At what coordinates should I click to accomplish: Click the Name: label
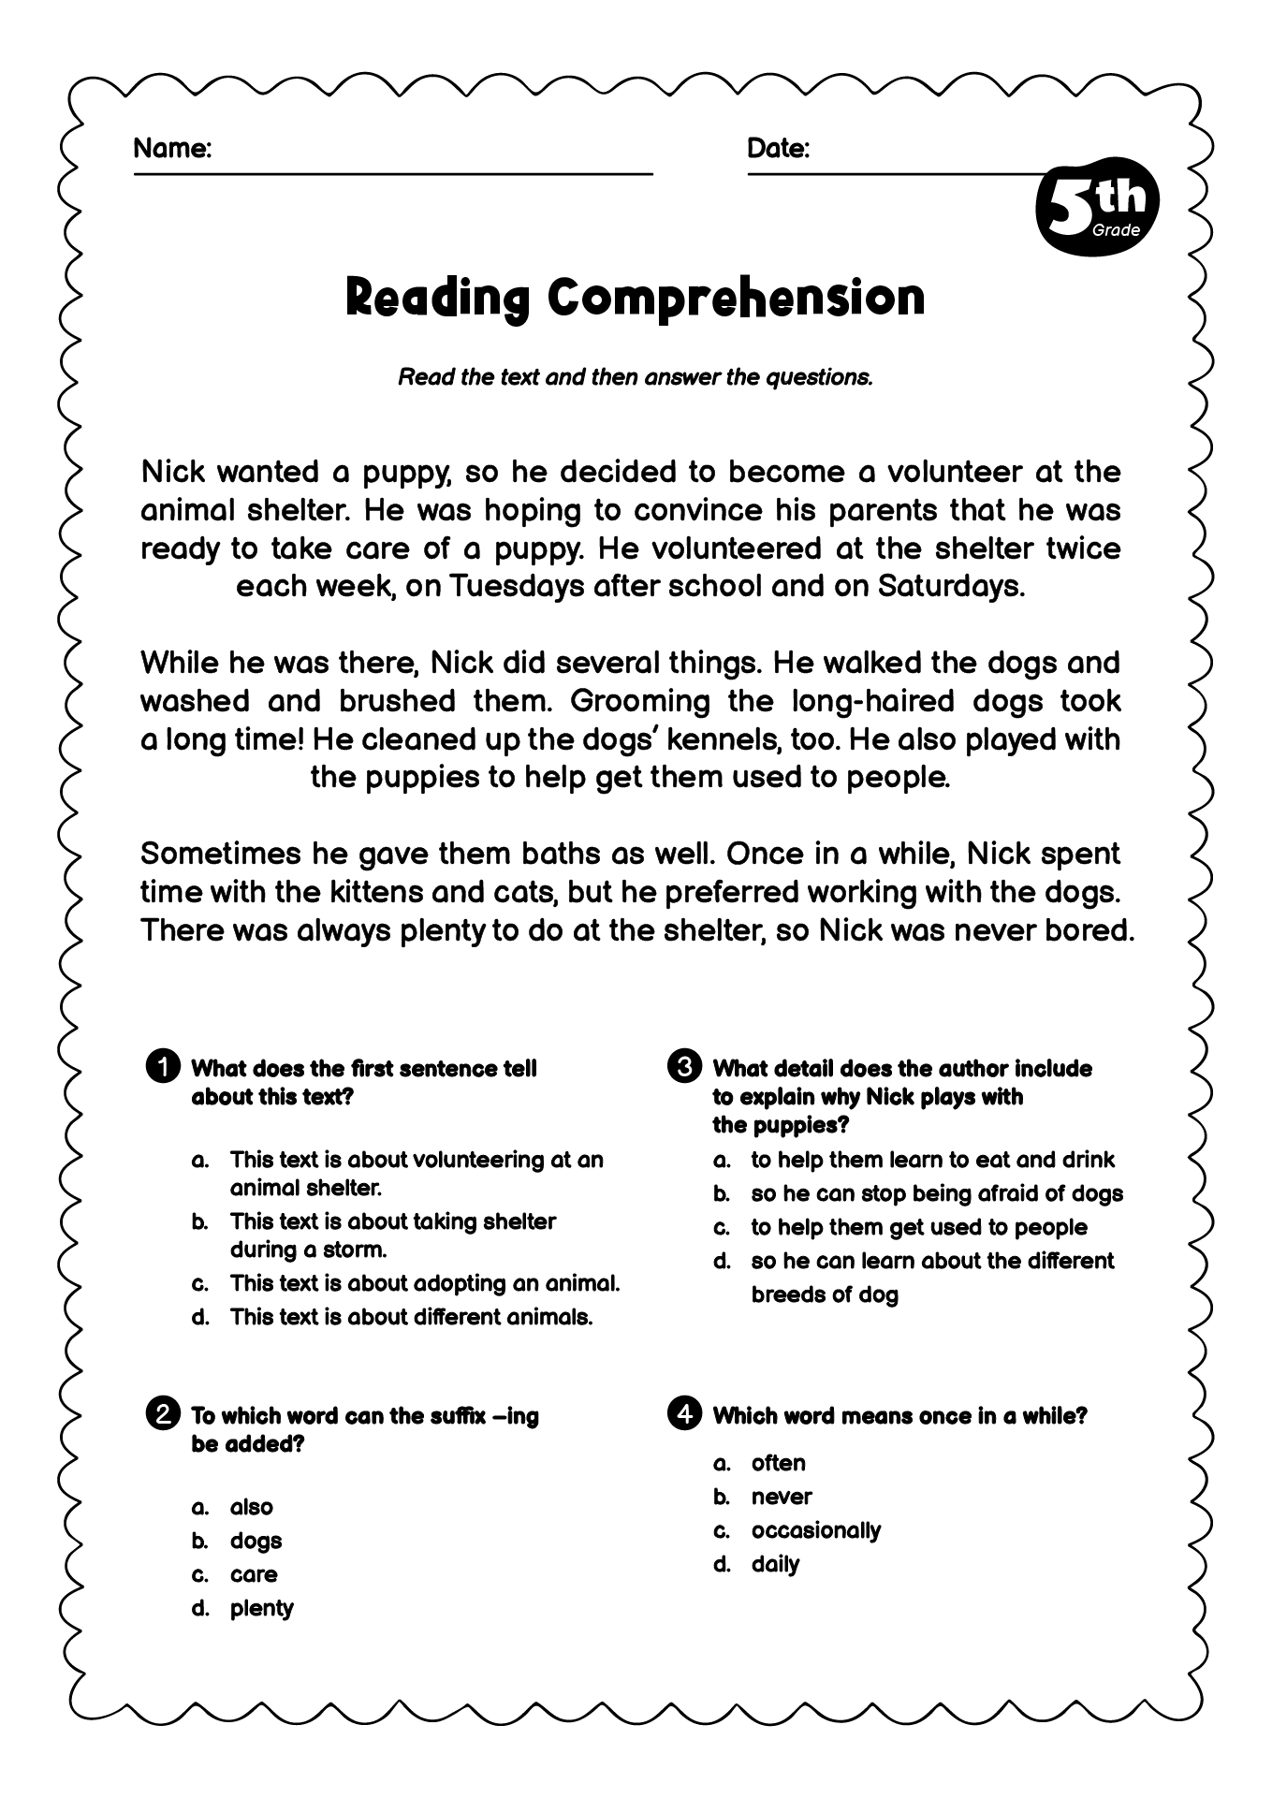tap(172, 148)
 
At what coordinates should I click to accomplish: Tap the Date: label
tap(778, 148)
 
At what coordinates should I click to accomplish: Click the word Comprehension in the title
tap(736, 298)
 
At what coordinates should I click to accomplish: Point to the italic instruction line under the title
tap(636, 377)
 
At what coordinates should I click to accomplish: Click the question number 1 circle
tap(163, 1067)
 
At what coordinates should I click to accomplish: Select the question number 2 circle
tap(163, 1414)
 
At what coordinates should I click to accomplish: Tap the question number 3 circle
tap(684, 1067)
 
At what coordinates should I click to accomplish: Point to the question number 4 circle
tap(684, 1414)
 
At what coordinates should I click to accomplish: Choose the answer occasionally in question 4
tap(815, 1530)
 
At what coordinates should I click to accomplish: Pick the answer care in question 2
tap(254, 1574)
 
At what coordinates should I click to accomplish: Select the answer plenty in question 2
tap(261, 1608)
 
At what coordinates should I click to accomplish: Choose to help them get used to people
tap(918, 1227)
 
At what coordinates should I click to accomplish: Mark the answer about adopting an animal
tap(424, 1283)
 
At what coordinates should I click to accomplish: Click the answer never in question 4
tap(781, 1497)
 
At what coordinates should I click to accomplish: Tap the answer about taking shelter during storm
tap(392, 1235)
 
